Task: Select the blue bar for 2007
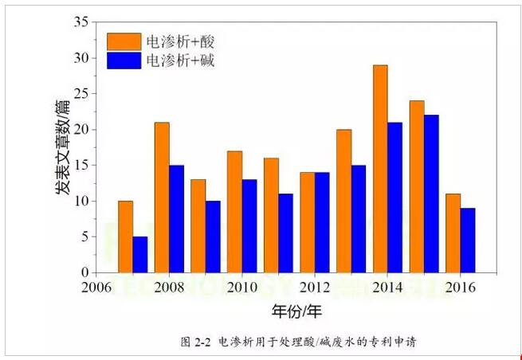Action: coord(140,255)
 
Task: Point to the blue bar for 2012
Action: coord(323,222)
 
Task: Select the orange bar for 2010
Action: coord(234,212)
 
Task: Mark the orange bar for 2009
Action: coord(198,226)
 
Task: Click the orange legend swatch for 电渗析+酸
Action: coord(124,41)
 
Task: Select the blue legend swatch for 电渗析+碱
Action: coord(124,60)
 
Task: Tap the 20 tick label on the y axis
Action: coord(79,130)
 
